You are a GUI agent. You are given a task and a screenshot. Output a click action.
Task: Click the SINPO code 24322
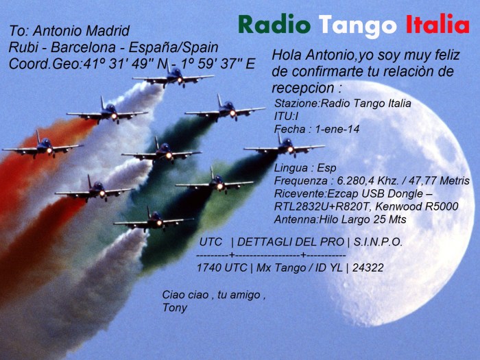(x=365, y=267)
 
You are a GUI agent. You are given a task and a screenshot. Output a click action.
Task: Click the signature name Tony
(x=174, y=308)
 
